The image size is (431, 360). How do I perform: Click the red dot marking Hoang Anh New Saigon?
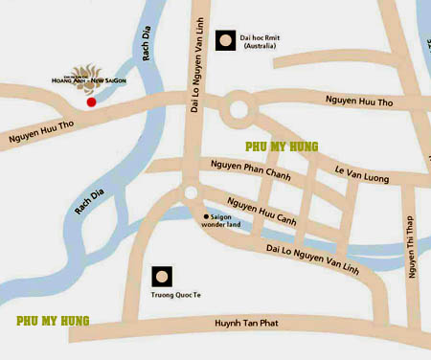pyautogui.click(x=92, y=101)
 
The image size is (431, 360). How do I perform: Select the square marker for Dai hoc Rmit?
pyautogui.click(x=226, y=40)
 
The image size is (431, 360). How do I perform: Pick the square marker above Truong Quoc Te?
pyautogui.click(x=163, y=278)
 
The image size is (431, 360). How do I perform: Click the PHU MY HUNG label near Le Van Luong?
pyautogui.click(x=282, y=146)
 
